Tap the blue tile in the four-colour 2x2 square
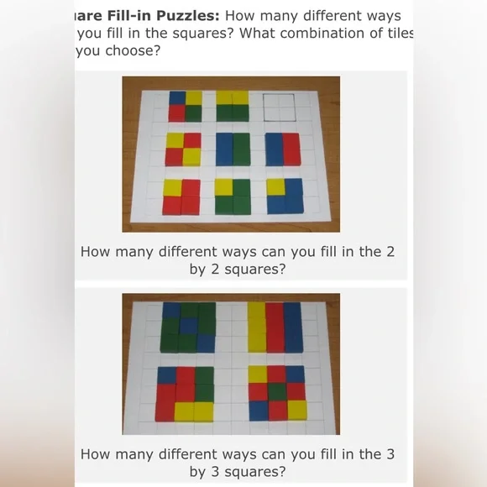tap(176, 97)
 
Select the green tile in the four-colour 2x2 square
tap(194, 113)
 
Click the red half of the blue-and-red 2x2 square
tap(291, 149)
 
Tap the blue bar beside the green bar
tap(223, 149)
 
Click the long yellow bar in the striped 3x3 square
tap(256, 327)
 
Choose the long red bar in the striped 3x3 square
tap(275, 327)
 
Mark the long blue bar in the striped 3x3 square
tap(293, 327)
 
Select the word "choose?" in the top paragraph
tap(133, 50)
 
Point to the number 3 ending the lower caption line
tap(390, 454)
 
